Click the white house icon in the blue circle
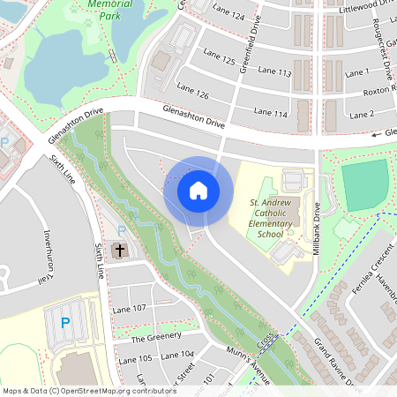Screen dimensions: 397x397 click(x=198, y=190)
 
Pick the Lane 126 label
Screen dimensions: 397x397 click(x=192, y=90)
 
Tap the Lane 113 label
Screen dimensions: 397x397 click(x=272, y=72)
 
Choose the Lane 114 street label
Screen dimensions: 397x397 click(x=271, y=112)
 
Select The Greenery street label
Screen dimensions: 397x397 click(x=156, y=336)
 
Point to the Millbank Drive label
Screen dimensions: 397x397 click(x=317, y=228)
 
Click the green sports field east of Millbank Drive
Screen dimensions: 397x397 click(x=363, y=185)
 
